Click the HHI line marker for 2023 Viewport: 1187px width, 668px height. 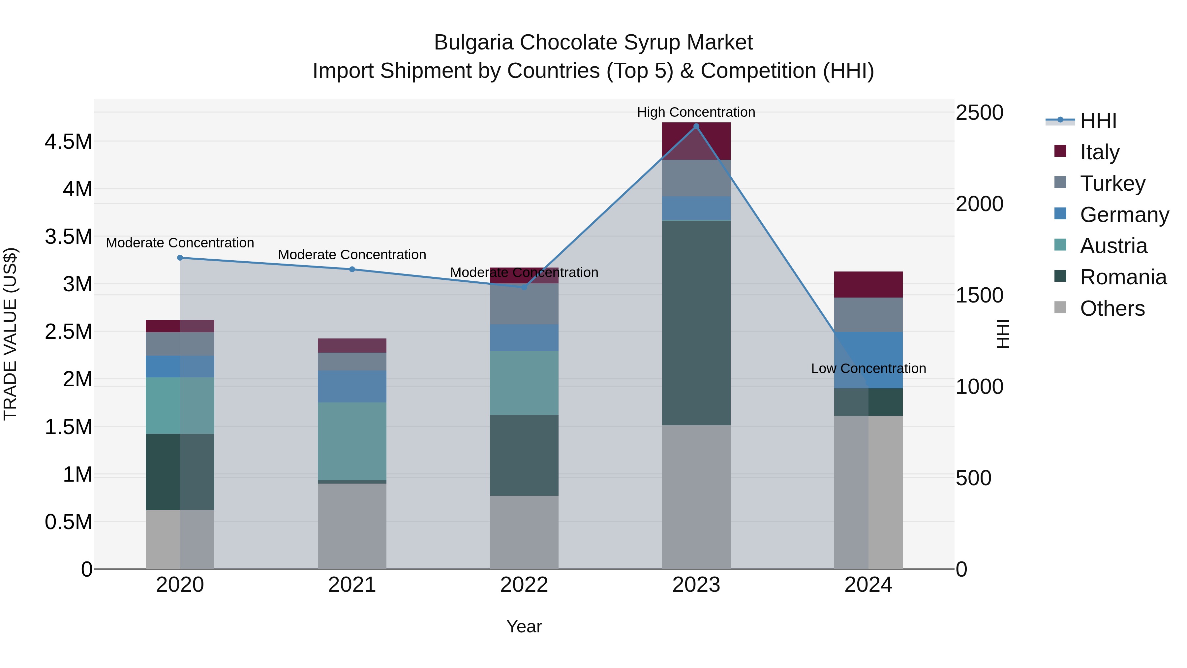click(x=696, y=126)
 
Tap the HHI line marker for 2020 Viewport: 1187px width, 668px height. click(x=180, y=258)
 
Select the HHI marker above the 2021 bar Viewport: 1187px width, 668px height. click(x=352, y=269)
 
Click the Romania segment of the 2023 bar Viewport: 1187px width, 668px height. click(x=696, y=323)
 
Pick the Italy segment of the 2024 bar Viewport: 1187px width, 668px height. click(x=868, y=284)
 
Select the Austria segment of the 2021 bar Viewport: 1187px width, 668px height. click(x=352, y=441)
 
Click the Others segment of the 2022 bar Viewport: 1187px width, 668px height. click(x=524, y=532)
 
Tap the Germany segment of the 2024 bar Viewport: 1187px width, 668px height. click(x=868, y=360)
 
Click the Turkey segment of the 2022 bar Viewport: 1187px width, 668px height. click(x=524, y=303)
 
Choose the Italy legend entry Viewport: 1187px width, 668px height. click(x=1099, y=152)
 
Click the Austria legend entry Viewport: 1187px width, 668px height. click(x=1113, y=246)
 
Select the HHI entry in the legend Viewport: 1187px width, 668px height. click(x=1098, y=121)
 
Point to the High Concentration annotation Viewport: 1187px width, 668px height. click(x=696, y=112)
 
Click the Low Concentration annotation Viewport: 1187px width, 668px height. click(x=868, y=368)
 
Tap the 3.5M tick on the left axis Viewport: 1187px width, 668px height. click(x=68, y=237)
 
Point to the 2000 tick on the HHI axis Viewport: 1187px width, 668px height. click(x=979, y=204)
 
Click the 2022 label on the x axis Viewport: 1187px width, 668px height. click(x=524, y=585)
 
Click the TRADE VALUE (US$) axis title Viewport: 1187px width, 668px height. click(x=10, y=334)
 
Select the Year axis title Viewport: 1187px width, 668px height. click(x=524, y=626)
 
